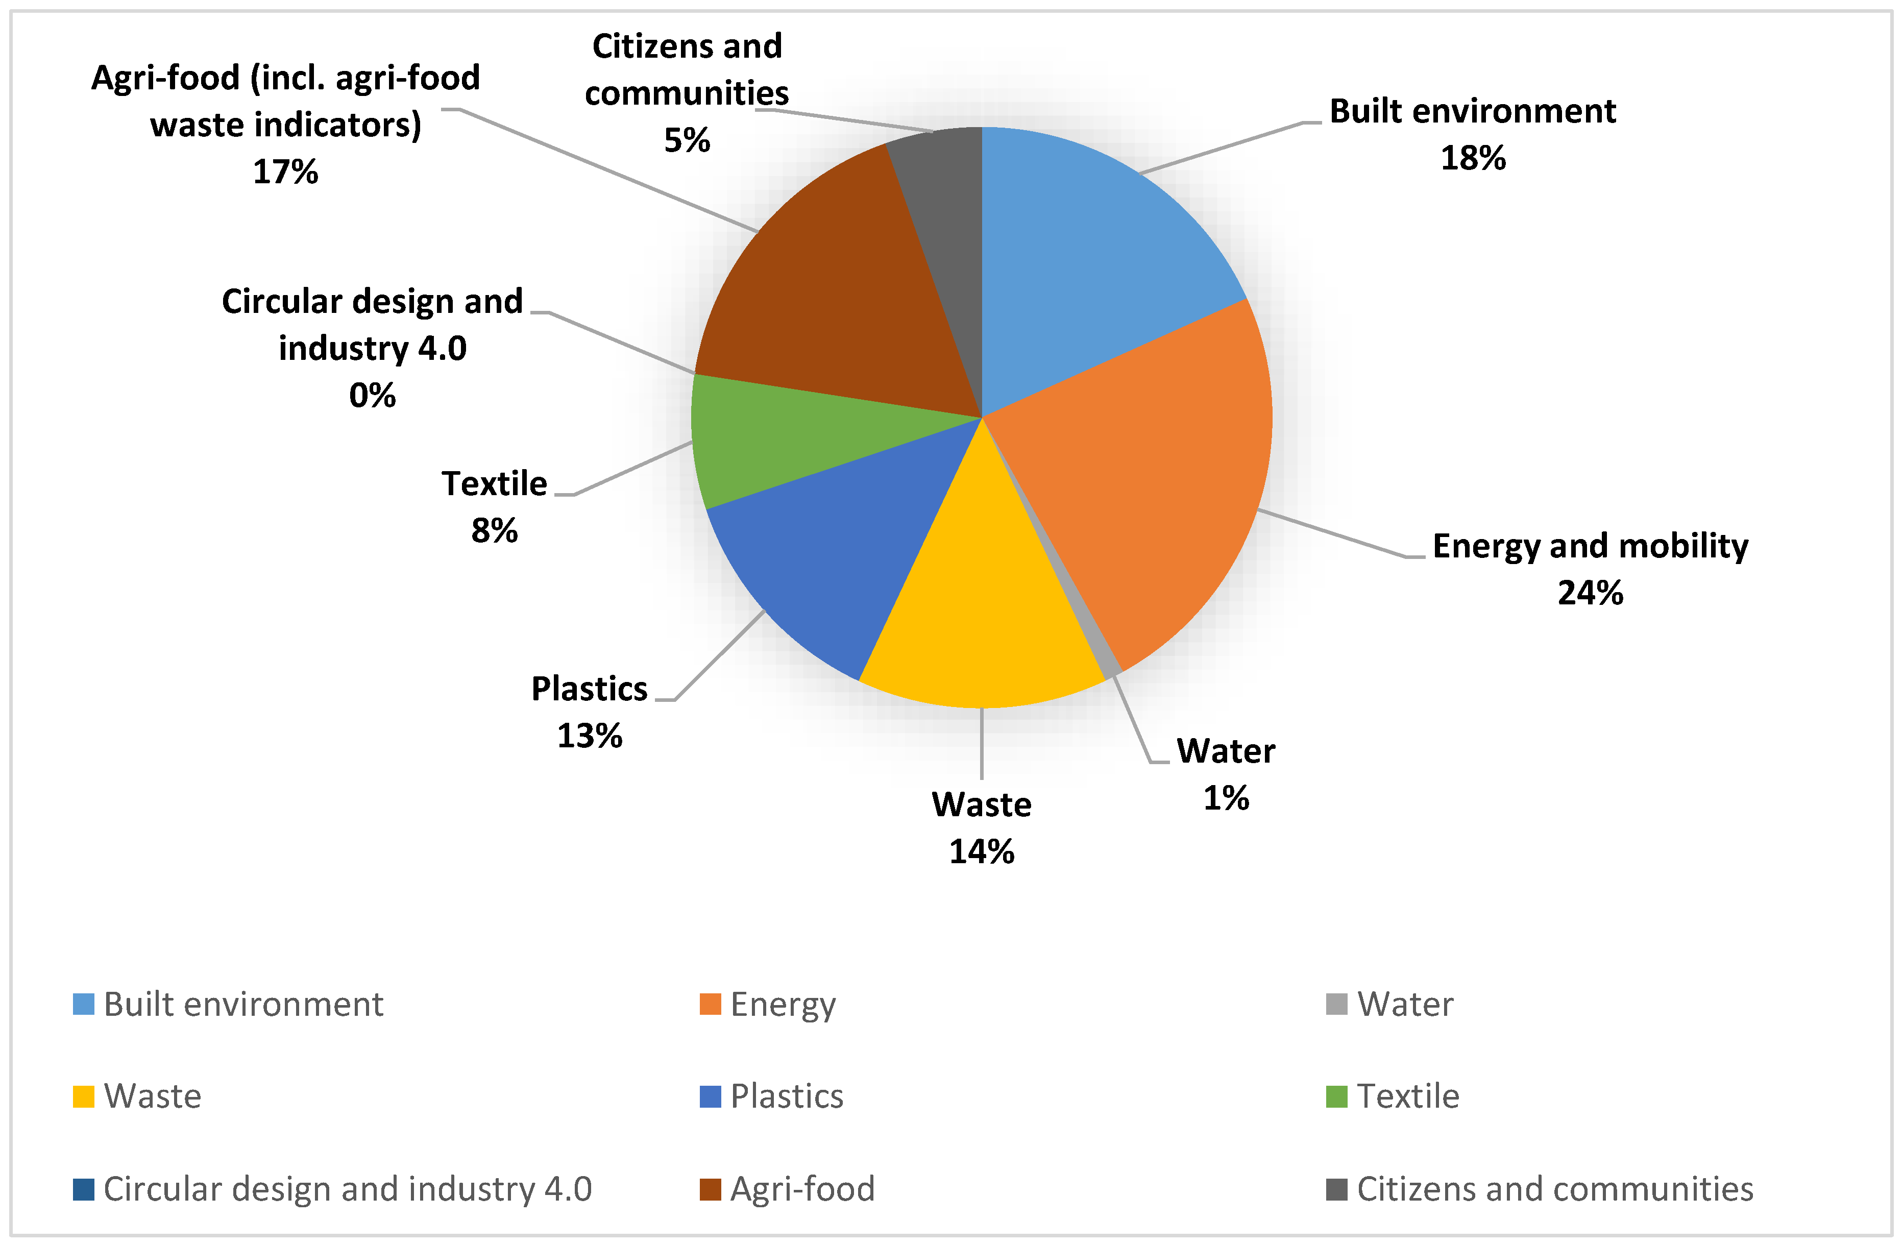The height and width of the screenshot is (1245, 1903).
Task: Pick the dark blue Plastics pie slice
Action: [832, 560]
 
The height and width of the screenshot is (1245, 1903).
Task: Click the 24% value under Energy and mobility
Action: [1590, 593]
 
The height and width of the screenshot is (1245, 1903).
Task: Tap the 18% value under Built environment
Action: [1473, 158]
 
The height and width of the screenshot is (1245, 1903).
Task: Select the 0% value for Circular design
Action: [373, 396]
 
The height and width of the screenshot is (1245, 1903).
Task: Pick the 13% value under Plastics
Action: [589, 736]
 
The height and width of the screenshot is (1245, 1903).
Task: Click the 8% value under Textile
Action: [494, 531]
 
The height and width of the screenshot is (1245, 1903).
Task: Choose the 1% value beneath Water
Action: [1226, 798]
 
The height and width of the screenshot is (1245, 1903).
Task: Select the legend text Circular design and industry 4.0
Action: [348, 1189]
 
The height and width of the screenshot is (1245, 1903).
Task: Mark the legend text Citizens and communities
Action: [1555, 1189]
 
